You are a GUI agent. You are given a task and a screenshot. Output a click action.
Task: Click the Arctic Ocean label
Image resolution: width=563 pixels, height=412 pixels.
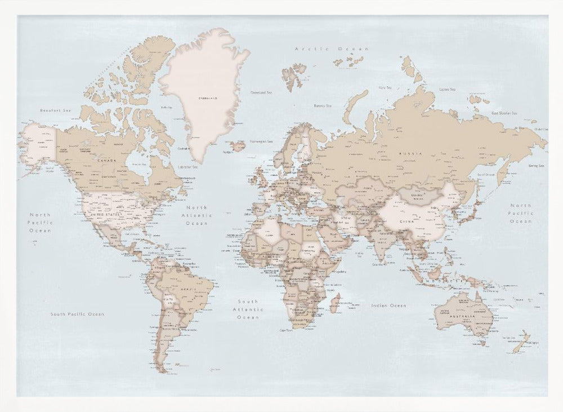coord(332,50)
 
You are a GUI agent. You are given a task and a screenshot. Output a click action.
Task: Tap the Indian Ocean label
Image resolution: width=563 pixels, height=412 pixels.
coord(388,305)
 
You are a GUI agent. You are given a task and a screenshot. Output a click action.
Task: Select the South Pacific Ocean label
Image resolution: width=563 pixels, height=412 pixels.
coord(77,313)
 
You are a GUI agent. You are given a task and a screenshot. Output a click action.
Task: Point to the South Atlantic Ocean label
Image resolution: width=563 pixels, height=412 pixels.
coord(248,309)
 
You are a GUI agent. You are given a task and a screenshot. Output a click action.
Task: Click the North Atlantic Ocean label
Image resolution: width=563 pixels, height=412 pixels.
coord(198,215)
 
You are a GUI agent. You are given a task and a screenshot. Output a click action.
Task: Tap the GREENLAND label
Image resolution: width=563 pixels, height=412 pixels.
coord(207,99)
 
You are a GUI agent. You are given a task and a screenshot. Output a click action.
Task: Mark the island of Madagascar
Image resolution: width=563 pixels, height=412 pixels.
coord(334,304)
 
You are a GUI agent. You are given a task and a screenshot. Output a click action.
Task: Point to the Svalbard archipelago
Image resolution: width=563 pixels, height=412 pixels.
coord(293,75)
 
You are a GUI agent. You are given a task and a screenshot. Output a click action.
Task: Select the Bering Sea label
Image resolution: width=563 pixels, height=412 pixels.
coord(536,166)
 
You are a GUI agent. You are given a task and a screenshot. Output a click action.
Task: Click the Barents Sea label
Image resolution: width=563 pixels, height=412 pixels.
coord(321,105)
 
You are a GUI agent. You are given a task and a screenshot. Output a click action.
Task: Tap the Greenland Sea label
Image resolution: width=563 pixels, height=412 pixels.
coord(261,92)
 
